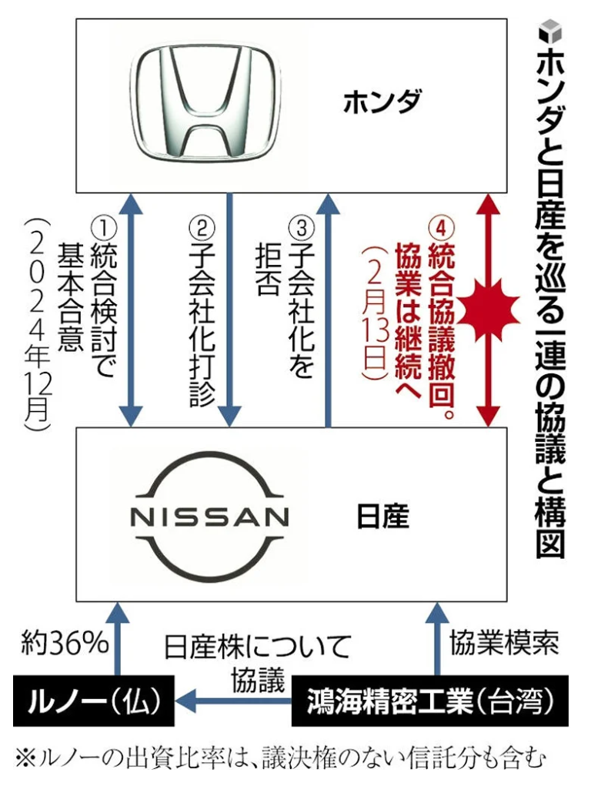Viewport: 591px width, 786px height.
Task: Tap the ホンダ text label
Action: (381, 102)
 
